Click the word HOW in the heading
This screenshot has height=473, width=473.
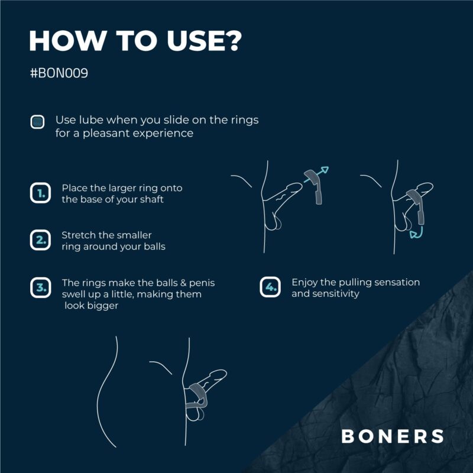67,41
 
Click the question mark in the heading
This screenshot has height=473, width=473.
233,40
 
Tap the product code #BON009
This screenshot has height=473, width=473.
59,73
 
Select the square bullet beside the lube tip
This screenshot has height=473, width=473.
37,122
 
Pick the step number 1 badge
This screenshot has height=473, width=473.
40,193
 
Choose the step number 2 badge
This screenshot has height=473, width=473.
40,240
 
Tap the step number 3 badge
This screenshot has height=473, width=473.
40,288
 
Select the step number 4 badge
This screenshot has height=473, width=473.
270,287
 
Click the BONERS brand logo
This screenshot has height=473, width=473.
393,436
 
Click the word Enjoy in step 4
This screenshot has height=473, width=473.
304,283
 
